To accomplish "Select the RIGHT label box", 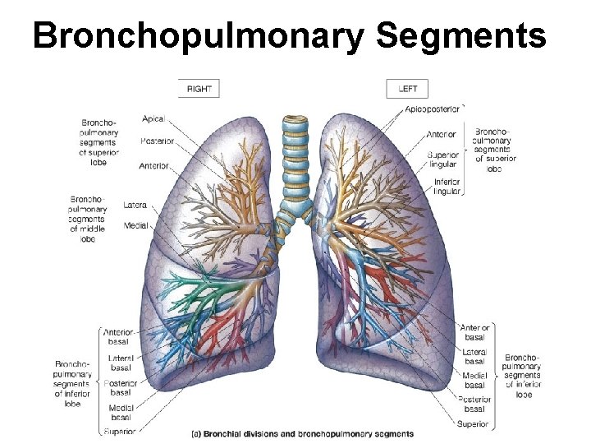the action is pyautogui.click(x=199, y=89).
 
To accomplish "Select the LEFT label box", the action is pyautogui.click(x=407, y=89).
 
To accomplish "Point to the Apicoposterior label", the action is pyautogui.click(x=432, y=109).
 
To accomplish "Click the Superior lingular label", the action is pyautogui.click(x=443, y=160).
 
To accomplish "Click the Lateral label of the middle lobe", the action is pyautogui.click(x=135, y=204).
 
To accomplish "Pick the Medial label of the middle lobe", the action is pyautogui.click(x=135, y=224).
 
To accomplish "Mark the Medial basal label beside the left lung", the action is pyautogui.click(x=474, y=381).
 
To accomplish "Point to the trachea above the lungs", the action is pyautogui.click(x=295, y=148).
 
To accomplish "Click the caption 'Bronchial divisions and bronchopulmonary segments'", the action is pyautogui.click(x=302, y=433).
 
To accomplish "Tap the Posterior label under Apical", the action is pyautogui.click(x=157, y=141).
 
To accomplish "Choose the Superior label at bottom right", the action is pyautogui.click(x=474, y=425).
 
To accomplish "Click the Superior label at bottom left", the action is pyautogui.click(x=120, y=431).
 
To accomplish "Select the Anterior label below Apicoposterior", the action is pyautogui.click(x=442, y=134).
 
